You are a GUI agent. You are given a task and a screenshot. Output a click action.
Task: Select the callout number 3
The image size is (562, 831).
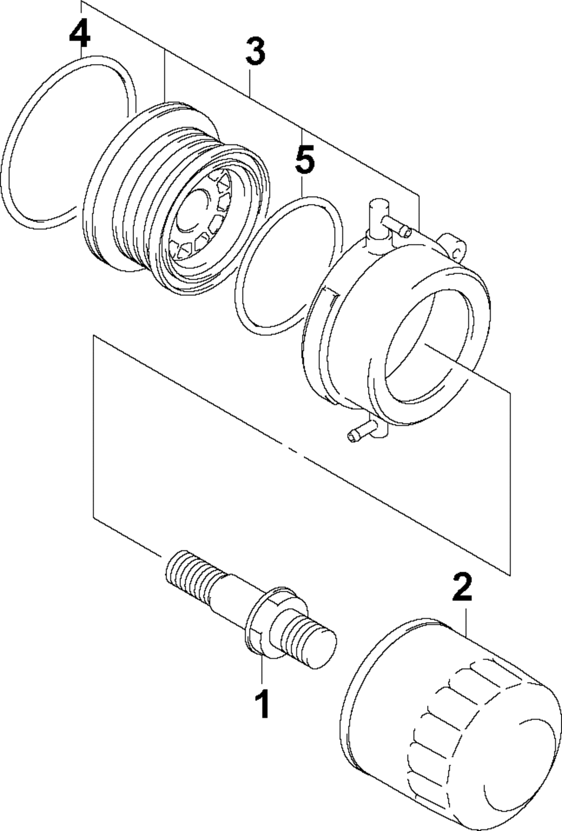pos(255,52)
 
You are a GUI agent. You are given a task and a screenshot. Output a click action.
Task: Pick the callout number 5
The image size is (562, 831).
pos(304,161)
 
